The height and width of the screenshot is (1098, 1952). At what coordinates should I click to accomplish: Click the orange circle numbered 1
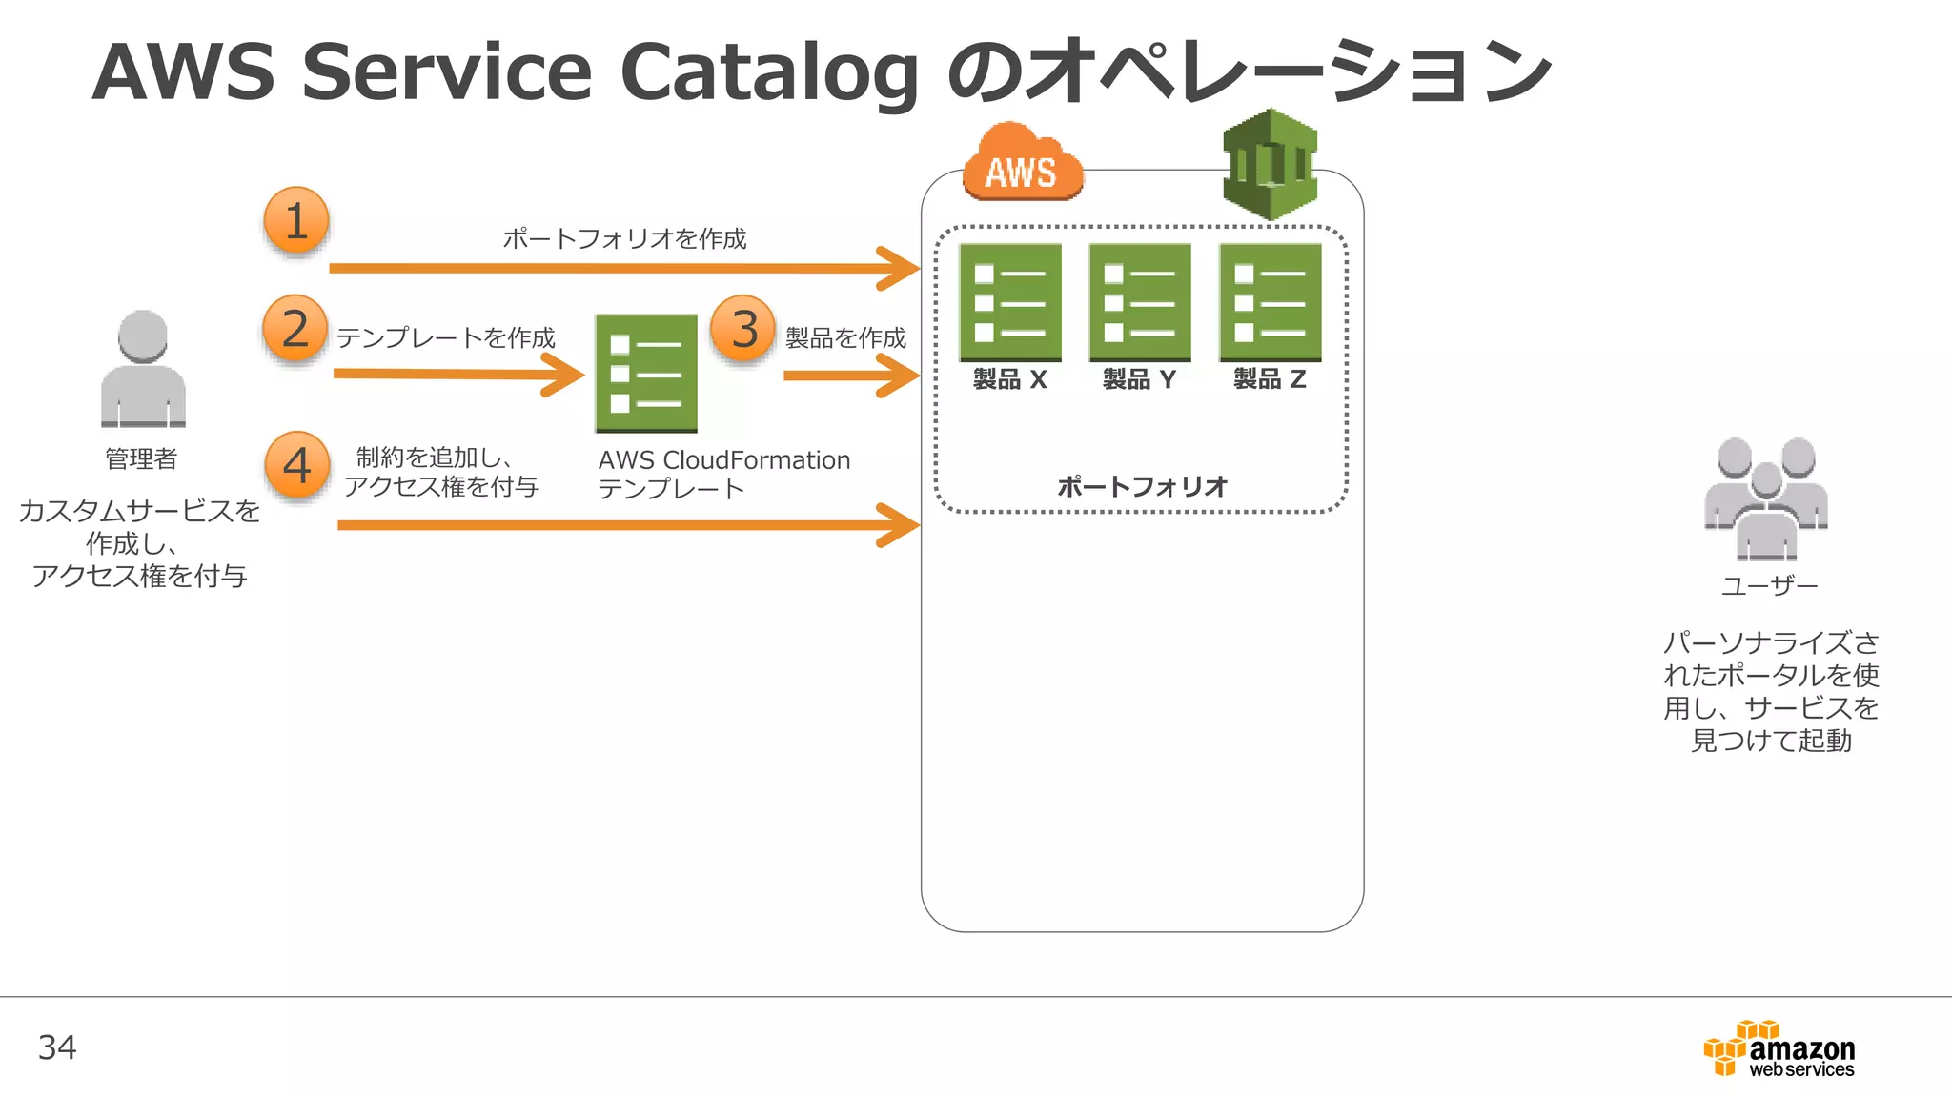click(x=296, y=221)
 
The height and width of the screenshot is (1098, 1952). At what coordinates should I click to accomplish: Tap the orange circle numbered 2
click(x=295, y=329)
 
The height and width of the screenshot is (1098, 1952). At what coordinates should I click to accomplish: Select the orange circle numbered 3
click(x=743, y=329)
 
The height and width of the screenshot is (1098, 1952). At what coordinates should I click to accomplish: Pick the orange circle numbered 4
click(x=297, y=465)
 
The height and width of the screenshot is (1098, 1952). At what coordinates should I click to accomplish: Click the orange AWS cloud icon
click(x=1022, y=164)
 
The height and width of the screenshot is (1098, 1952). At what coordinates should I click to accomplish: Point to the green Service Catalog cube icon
click(x=1270, y=165)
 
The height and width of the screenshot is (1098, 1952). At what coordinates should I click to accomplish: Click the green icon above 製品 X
click(x=1010, y=302)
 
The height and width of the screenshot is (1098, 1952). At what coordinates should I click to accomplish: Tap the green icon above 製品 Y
click(x=1140, y=302)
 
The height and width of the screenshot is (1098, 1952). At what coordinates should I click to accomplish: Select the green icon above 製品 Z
click(x=1270, y=302)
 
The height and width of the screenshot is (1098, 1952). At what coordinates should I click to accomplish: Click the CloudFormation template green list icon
click(x=646, y=373)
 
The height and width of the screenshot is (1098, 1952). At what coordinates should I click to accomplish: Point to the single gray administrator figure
click(x=143, y=370)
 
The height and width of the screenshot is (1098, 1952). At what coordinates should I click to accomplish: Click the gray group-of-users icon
click(x=1766, y=498)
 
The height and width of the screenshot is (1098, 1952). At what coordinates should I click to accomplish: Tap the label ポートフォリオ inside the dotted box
click(x=1142, y=487)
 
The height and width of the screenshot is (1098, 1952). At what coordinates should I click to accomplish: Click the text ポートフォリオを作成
click(x=624, y=238)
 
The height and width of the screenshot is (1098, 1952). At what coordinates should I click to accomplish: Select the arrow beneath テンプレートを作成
click(x=457, y=374)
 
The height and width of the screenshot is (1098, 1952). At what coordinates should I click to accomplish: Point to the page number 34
click(x=57, y=1047)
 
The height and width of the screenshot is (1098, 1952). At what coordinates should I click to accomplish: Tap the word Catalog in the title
click(x=768, y=72)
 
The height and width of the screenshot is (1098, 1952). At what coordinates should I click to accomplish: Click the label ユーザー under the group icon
click(x=1769, y=585)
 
